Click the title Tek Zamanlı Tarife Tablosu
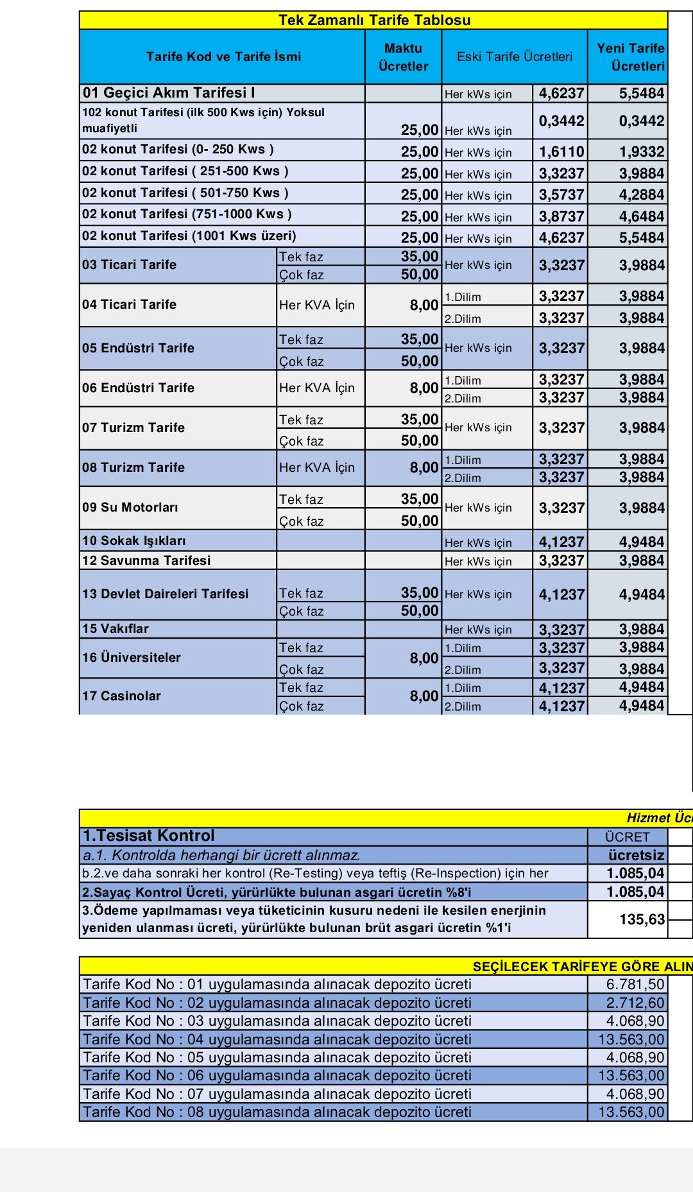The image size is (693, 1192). click(374, 20)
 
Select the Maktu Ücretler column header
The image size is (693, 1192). click(403, 57)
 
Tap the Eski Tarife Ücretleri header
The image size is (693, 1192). click(514, 56)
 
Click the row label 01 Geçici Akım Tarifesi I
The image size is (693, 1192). click(169, 93)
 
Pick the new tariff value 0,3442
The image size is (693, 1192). click(641, 121)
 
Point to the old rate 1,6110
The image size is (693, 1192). click(561, 152)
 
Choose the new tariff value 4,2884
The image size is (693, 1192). click(641, 195)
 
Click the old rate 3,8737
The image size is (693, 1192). click(561, 217)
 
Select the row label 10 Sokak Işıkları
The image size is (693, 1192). click(134, 541)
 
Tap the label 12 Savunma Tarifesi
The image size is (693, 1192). click(146, 560)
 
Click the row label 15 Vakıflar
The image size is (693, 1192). click(116, 629)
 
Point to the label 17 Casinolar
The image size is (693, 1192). click(121, 696)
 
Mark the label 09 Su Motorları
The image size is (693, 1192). click(130, 507)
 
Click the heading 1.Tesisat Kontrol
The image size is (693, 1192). click(149, 836)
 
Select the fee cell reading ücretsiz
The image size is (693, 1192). click(636, 855)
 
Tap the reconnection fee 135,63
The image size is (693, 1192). click(642, 919)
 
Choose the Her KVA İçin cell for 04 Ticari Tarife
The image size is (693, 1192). click(317, 305)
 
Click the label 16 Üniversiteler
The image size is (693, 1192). click(132, 657)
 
